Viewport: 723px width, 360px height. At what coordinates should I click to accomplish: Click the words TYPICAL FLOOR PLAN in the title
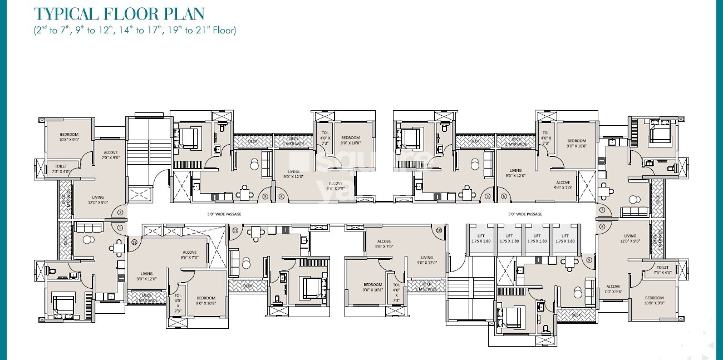pyautogui.click(x=119, y=14)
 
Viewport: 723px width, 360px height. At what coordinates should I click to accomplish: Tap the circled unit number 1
pyautogui.click(x=120, y=227)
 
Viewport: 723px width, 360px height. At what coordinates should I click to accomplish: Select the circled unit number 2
pyautogui.click(x=120, y=212)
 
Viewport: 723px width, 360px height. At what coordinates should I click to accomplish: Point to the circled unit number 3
pyautogui.click(x=265, y=196)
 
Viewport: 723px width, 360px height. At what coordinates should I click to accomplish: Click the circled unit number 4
pyautogui.click(x=281, y=196)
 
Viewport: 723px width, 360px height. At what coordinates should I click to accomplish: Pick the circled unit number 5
pyautogui.click(x=488, y=196)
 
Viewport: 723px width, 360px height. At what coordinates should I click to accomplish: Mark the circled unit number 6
pyautogui.click(x=504, y=196)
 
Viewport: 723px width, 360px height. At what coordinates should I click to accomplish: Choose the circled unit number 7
pyautogui.click(x=602, y=210)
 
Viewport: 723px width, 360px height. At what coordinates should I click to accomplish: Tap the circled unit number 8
pyautogui.click(x=602, y=226)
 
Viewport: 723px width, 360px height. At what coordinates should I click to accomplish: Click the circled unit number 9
pyautogui.click(x=589, y=260)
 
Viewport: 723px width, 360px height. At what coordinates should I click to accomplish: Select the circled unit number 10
pyautogui.click(x=439, y=230)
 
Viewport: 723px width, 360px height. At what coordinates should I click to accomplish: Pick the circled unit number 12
pyautogui.click(x=134, y=241)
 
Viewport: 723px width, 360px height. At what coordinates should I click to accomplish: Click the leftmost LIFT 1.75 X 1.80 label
pyautogui.click(x=480, y=238)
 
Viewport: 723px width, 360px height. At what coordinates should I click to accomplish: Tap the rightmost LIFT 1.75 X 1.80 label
pyautogui.click(x=564, y=238)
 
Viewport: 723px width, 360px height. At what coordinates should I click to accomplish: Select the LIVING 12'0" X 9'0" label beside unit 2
pyautogui.click(x=98, y=200)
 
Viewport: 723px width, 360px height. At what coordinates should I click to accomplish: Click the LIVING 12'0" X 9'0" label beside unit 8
pyautogui.click(x=629, y=239)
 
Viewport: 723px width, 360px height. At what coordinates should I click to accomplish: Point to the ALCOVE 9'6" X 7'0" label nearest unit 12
pyautogui.click(x=189, y=255)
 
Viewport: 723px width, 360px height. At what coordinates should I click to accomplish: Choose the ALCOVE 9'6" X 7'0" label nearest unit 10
pyautogui.click(x=383, y=244)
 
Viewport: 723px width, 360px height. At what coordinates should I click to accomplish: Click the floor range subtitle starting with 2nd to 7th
pyautogui.click(x=134, y=31)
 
